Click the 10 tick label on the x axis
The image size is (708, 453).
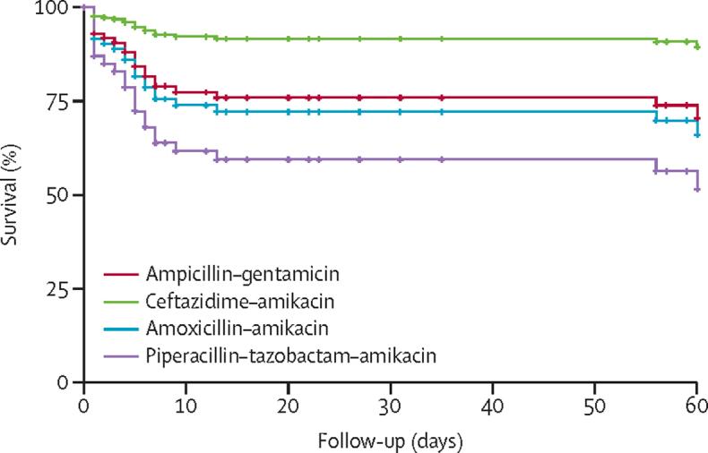tap(185, 404)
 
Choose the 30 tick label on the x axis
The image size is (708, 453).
tap(390, 404)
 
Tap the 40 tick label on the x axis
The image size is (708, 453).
tap(492, 404)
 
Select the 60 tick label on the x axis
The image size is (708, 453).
tap(696, 404)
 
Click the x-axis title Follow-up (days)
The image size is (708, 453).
tap(390, 440)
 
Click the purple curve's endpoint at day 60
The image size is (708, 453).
tap(697, 189)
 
